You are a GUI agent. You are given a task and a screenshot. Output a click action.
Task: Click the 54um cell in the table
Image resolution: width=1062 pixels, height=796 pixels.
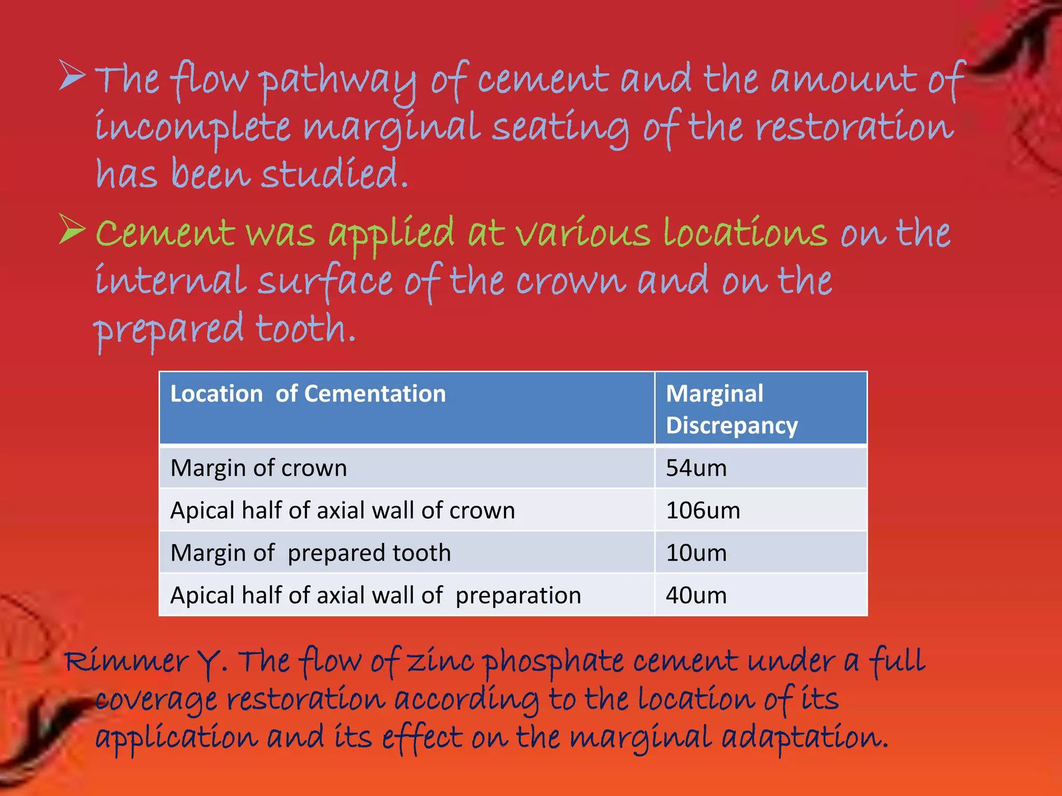(x=696, y=468)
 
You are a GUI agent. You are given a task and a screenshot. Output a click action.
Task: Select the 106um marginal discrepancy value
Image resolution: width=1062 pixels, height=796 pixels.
(x=703, y=510)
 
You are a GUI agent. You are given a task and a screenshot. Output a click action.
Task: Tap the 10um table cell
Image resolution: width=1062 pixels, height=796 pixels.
(x=696, y=553)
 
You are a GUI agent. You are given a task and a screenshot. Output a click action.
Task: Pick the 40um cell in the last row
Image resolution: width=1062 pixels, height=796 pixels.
(x=696, y=595)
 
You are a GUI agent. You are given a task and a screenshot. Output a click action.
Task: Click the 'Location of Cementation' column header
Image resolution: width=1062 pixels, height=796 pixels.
(x=308, y=394)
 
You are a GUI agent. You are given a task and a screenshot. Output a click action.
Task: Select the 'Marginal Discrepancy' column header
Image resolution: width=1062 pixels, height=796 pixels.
(x=731, y=409)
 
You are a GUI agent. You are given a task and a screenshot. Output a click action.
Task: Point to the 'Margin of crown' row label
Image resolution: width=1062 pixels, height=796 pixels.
(x=258, y=468)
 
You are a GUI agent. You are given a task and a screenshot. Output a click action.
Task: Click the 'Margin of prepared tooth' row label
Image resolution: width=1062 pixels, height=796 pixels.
(x=310, y=553)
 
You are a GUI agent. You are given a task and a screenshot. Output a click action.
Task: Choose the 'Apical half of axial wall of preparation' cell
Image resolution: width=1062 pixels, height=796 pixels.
(x=375, y=595)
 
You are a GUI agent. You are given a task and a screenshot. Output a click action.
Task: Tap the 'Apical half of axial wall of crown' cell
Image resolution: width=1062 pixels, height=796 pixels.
(x=342, y=510)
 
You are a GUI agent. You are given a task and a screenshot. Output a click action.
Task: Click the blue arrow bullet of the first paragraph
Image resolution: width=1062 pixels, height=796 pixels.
(x=72, y=76)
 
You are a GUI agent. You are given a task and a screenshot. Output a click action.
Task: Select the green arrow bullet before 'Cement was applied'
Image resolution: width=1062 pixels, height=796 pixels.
(x=72, y=229)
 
